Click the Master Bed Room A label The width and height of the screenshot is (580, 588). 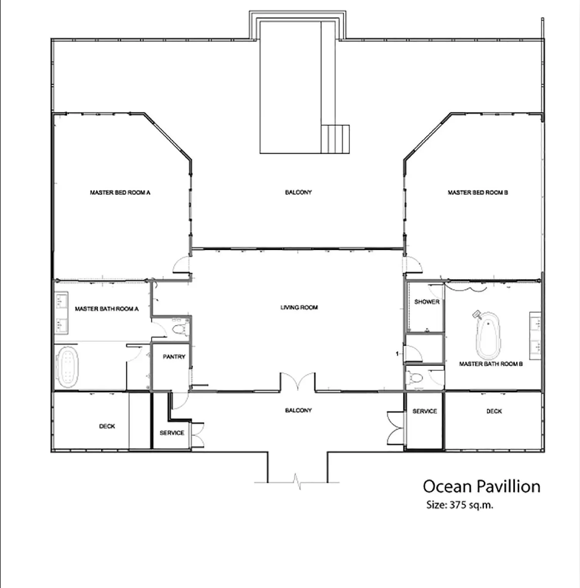120,192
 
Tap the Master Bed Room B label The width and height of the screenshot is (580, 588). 478,192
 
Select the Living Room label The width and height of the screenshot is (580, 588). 299,308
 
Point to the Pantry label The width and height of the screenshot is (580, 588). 174,357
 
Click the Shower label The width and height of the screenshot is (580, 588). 427,301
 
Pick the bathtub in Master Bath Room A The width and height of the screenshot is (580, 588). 67,367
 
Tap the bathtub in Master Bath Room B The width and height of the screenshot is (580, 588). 488,334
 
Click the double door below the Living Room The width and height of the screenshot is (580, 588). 298,381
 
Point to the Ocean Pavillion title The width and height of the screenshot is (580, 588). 482,486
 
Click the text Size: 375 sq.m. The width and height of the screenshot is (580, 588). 460,505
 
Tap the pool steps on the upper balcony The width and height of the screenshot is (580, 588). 335,139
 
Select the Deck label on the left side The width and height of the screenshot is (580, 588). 107,426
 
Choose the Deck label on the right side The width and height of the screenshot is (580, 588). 494,411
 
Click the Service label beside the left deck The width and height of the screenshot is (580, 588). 172,433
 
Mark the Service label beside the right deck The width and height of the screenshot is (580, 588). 425,411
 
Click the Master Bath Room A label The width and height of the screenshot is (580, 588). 107,309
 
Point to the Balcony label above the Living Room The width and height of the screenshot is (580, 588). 298,192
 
